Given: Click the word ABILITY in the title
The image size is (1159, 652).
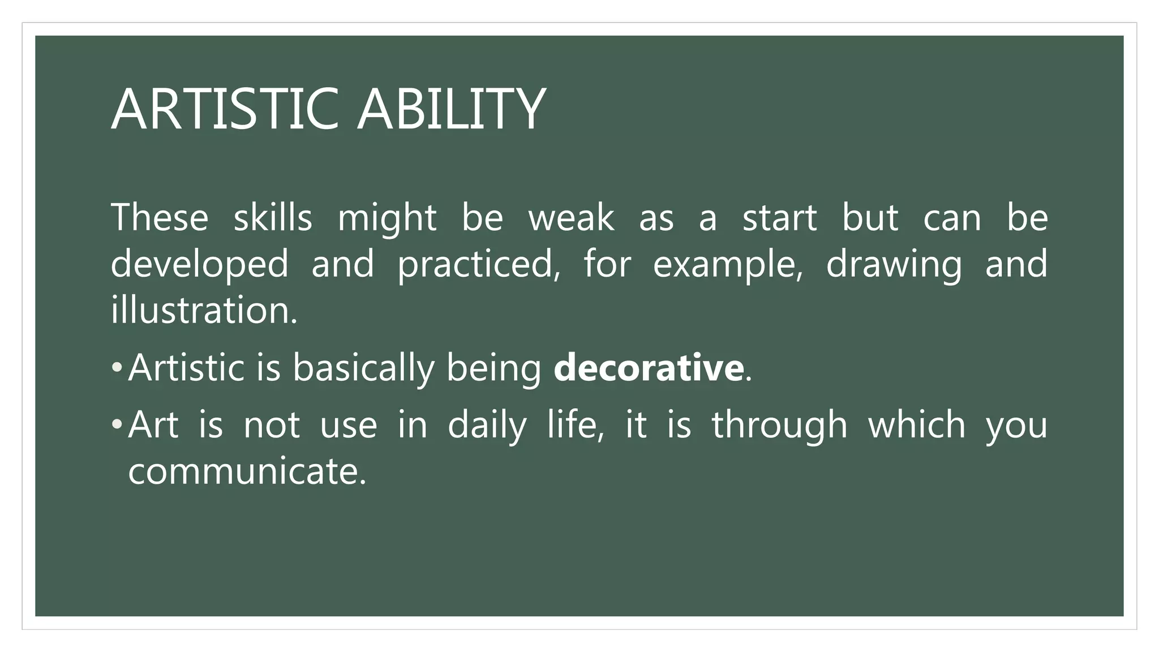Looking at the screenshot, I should coord(451,109).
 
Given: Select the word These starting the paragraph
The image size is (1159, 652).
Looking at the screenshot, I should coord(160,217).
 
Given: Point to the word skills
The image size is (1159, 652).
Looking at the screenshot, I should coord(273,217).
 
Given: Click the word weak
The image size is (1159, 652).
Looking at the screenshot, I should coord(571,217).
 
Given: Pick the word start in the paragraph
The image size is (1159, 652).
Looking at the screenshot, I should coord(779,217).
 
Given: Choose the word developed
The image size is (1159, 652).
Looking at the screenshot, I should coord(199,264).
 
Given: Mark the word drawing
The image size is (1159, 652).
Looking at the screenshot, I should coord(894,264).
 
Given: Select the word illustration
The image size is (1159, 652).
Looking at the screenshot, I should coord(204,310).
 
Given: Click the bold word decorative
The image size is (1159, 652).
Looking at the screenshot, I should coord(649,367).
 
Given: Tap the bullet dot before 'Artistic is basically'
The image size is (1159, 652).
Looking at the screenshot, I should coord(117,367).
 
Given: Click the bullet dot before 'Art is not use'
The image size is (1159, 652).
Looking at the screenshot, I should coord(117,424).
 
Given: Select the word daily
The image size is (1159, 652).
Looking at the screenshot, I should coord(487,426).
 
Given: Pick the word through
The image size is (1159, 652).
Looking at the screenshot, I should coord(779,426).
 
